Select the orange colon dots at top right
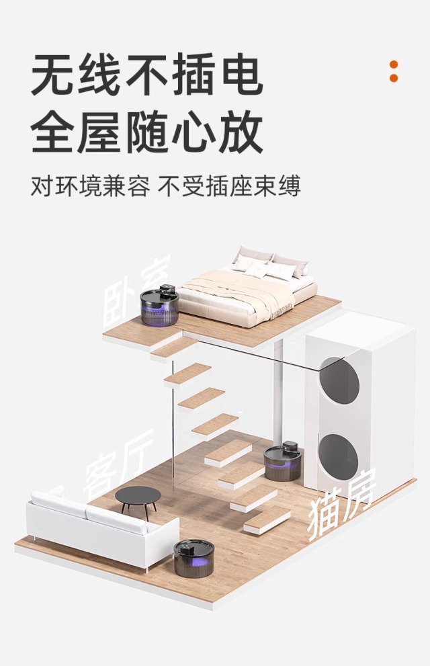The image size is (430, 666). click(394, 71)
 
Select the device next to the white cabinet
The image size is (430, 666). click(282, 461)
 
